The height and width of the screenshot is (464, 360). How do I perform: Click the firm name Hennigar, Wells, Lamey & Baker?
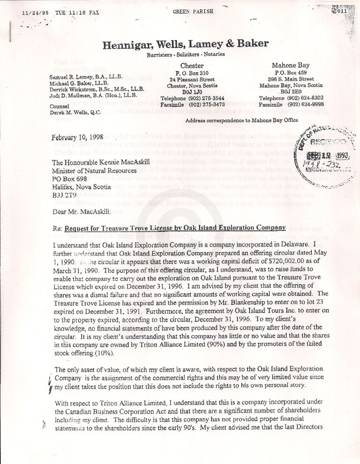(x=185, y=44)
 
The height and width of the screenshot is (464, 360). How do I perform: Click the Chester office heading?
(x=192, y=65)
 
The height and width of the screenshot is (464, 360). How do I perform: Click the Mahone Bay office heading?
(x=290, y=65)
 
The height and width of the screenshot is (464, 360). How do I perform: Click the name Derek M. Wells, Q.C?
(x=75, y=113)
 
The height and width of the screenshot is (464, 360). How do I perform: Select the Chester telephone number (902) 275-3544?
(x=205, y=98)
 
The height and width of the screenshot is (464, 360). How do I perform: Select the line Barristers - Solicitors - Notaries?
(x=185, y=55)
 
